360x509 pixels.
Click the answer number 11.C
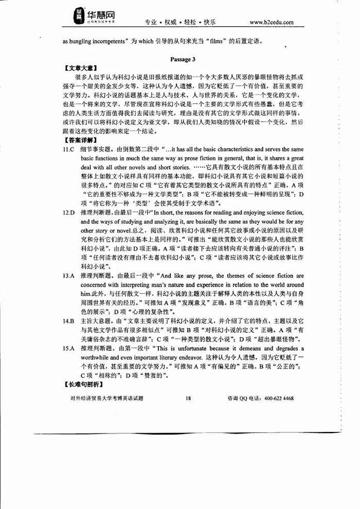coord(69,149)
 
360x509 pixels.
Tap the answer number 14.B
coord(69,321)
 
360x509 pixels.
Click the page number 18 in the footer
coord(188,398)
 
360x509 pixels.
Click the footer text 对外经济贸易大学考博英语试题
coord(106,398)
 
